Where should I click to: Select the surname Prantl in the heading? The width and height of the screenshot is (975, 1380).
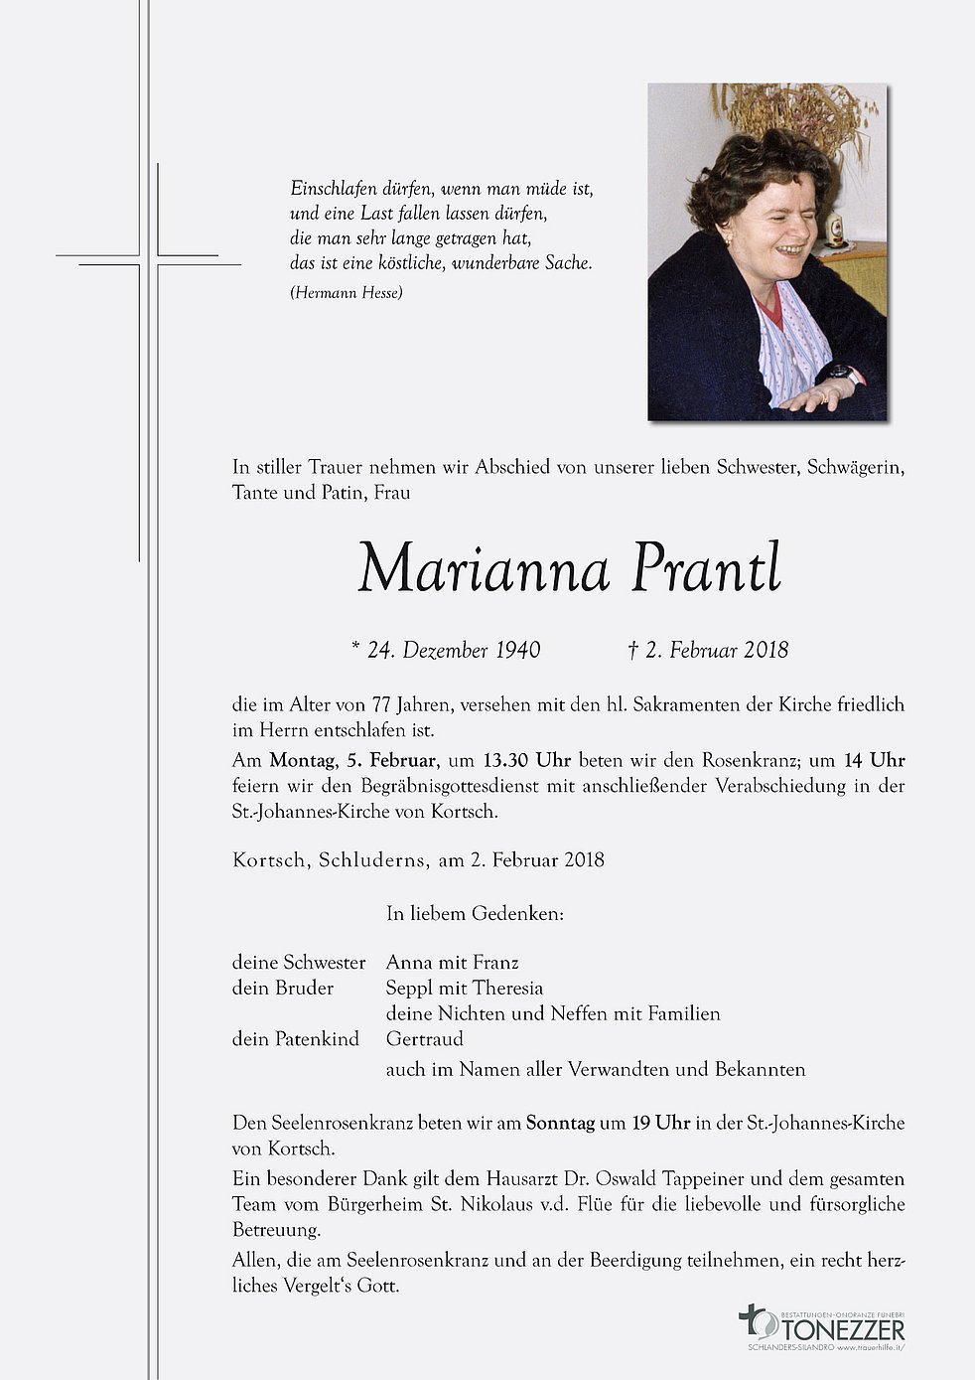(x=705, y=570)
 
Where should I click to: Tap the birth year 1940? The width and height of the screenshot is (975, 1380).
(x=517, y=651)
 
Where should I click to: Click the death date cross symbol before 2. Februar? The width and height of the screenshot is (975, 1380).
(x=632, y=651)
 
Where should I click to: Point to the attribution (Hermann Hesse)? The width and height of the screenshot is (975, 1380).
(x=347, y=292)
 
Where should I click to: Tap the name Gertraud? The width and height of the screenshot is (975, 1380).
(x=425, y=1039)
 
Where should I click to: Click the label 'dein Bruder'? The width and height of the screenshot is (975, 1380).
(x=282, y=988)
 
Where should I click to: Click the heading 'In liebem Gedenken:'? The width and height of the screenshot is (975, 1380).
(x=475, y=913)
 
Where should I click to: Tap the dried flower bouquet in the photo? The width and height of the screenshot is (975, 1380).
(x=794, y=114)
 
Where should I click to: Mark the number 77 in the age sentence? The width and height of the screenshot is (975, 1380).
(x=381, y=705)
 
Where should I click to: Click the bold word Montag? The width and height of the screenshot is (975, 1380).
(x=302, y=760)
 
